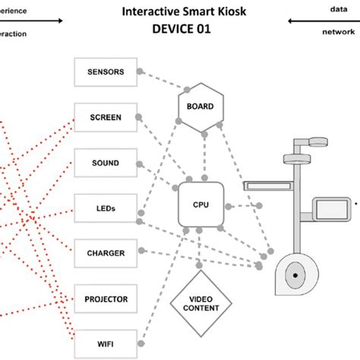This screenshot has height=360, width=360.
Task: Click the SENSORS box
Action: click(x=106, y=73)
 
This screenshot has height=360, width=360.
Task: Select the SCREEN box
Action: click(x=106, y=118)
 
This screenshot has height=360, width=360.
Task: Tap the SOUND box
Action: click(x=106, y=163)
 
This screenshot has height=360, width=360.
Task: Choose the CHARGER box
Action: click(x=106, y=252)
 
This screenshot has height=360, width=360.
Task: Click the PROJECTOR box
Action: click(x=106, y=299)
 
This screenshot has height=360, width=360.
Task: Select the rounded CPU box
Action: click(x=200, y=205)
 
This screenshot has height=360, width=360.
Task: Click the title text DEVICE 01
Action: click(x=180, y=29)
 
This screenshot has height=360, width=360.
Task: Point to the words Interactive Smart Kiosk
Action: click(x=180, y=13)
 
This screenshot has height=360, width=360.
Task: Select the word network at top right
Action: click(x=337, y=32)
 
